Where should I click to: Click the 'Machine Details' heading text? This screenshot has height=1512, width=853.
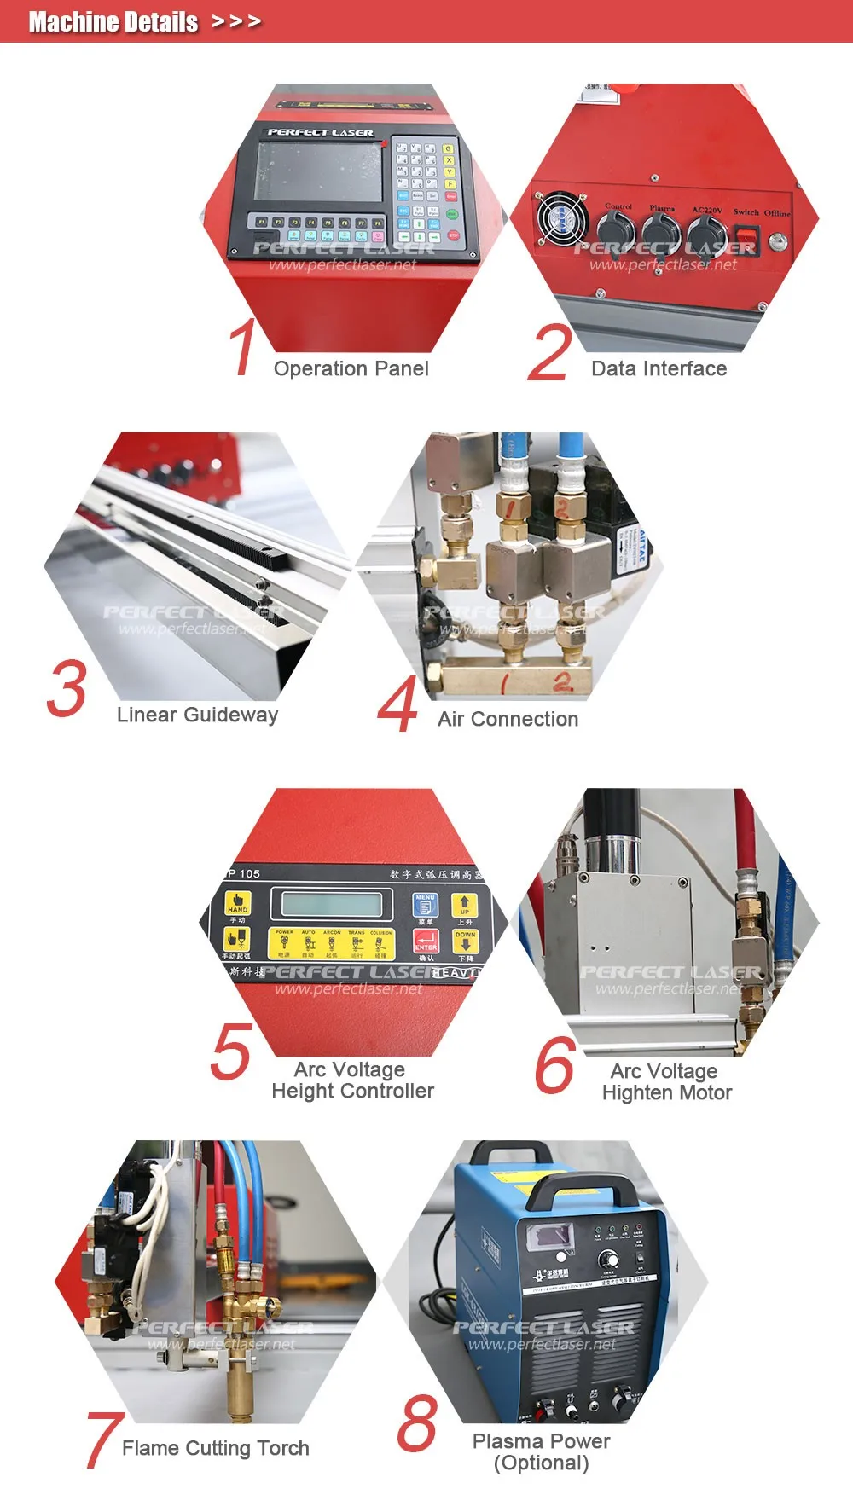click(x=113, y=21)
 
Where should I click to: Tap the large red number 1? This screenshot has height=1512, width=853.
click(x=243, y=346)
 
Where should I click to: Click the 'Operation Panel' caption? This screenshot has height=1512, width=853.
click(x=351, y=368)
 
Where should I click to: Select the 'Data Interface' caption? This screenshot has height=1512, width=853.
click(x=659, y=368)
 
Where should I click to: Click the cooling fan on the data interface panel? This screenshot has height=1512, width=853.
click(x=561, y=220)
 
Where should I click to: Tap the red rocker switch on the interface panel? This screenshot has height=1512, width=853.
click(x=746, y=235)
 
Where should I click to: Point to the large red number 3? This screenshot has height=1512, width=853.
click(x=67, y=688)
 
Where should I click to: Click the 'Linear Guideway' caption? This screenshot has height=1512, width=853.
click(x=197, y=715)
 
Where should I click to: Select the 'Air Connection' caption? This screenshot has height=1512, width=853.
click(x=508, y=719)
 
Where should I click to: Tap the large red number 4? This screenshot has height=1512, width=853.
click(x=397, y=704)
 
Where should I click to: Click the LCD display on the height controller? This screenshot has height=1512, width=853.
click(x=332, y=904)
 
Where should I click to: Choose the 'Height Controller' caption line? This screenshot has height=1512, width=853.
click(x=352, y=1091)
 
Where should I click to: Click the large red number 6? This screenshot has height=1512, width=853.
click(x=554, y=1064)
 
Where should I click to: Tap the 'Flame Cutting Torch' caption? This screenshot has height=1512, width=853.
click(x=215, y=1448)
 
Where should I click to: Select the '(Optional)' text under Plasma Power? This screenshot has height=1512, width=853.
click(x=541, y=1463)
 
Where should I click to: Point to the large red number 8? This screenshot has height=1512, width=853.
click(x=417, y=1423)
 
